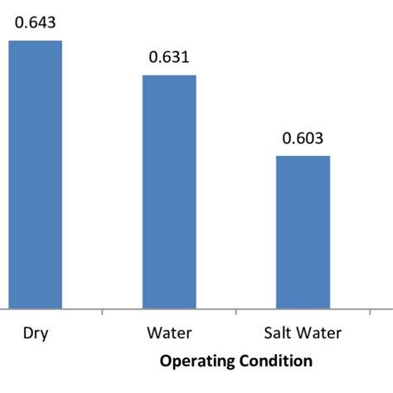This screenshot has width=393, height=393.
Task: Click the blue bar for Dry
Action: tap(36, 174)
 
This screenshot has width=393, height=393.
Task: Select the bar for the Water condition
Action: tap(169, 192)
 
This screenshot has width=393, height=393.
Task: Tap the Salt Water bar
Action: tap(303, 231)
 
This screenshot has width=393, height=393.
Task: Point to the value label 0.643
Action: tap(36, 22)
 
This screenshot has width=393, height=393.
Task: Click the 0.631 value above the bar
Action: tap(169, 57)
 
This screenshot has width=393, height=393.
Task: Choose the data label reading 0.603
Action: tap(303, 138)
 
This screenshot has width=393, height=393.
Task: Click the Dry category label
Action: tap(35, 334)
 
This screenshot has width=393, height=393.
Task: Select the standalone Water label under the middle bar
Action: tap(169, 334)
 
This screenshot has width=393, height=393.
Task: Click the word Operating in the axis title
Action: tap(195, 361)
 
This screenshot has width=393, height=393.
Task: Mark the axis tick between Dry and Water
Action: tap(102, 312)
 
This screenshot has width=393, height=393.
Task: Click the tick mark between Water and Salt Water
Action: tap(236, 312)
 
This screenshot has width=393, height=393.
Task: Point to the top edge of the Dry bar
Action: tap(36, 41)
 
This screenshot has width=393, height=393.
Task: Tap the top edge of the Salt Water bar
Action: tap(303, 156)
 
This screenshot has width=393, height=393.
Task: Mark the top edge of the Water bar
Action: tap(169, 75)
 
